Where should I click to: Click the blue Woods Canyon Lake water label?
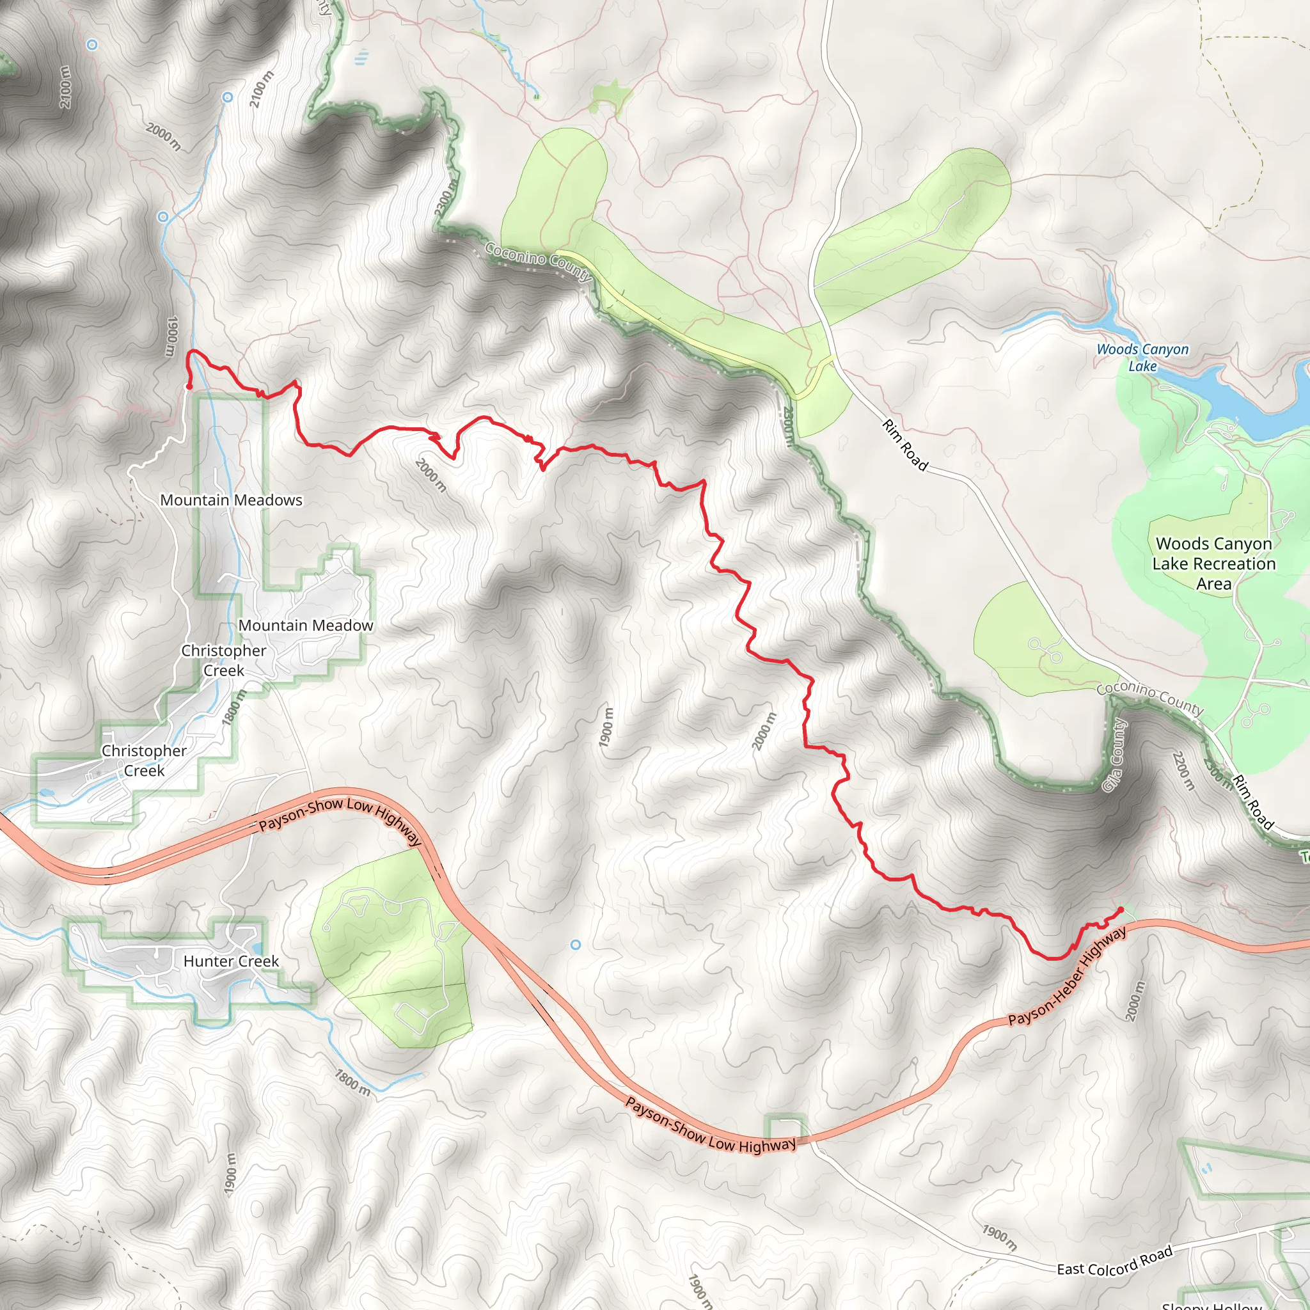[x=1142, y=358]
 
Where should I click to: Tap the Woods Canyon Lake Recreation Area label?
[x=1213, y=564]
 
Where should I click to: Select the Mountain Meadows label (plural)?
[x=231, y=500]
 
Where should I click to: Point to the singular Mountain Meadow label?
[x=306, y=625]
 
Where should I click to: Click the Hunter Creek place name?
[x=231, y=961]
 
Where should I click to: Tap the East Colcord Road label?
[x=1115, y=1261]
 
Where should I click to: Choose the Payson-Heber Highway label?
[x=1068, y=976]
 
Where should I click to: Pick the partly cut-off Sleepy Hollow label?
[x=1211, y=1304]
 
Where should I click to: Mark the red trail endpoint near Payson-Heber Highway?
[x=1121, y=910]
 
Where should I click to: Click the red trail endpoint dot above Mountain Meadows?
[x=189, y=386]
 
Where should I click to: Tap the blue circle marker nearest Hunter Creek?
[x=576, y=945]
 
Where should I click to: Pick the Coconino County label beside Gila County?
[x=1150, y=698]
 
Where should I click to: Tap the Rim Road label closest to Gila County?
[x=1253, y=802]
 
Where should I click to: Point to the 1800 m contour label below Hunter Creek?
[x=352, y=1082]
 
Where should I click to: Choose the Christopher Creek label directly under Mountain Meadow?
[x=224, y=659]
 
